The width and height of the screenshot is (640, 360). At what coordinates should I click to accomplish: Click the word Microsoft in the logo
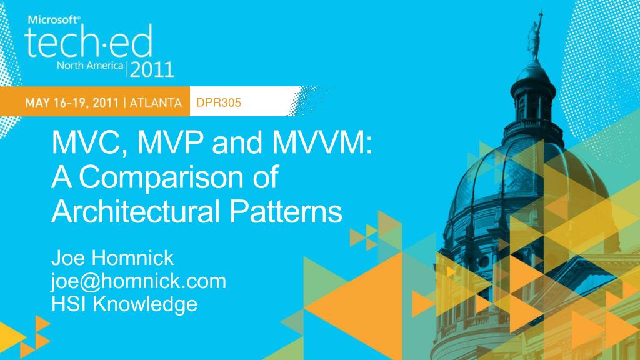[54, 19]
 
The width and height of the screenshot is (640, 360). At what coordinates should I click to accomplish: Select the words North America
[90, 65]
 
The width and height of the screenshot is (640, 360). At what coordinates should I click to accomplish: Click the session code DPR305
[219, 102]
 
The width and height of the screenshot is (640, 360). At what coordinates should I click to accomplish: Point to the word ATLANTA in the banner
[156, 102]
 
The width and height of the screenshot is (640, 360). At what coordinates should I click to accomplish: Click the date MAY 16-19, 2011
[72, 102]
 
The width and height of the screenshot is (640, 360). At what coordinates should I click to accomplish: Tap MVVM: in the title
[322, 142]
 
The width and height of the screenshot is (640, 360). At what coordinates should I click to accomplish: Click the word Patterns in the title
[285, 211]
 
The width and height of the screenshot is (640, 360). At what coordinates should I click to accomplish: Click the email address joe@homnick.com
[139, 282]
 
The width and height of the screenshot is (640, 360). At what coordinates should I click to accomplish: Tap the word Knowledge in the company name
[145, 305]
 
